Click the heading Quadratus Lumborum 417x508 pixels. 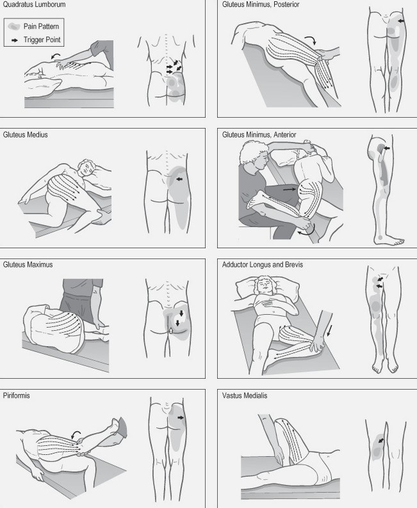(34, 4)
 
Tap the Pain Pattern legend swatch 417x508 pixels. (13, 26)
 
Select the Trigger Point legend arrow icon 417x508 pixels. (15, 40)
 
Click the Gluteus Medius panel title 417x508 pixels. (25, 135)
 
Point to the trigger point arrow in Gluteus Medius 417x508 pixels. (179, 179)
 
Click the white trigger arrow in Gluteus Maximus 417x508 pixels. (171, 331)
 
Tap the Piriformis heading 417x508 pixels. (16, 395)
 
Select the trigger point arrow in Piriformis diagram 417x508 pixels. (181, 418)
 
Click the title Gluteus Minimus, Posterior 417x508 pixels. (261, 4)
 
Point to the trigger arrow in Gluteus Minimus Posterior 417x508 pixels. (402, 20)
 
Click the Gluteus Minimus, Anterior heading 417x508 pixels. (259, 135)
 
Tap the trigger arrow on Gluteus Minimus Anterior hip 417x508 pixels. (386, 148)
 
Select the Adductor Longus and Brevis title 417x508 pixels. (263, 265)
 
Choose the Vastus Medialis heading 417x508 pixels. (245, 395)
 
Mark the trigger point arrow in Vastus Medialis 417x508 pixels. (380, 441)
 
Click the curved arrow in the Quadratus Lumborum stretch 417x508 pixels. (56, 56)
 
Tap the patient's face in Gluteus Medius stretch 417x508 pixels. (87, 168)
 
